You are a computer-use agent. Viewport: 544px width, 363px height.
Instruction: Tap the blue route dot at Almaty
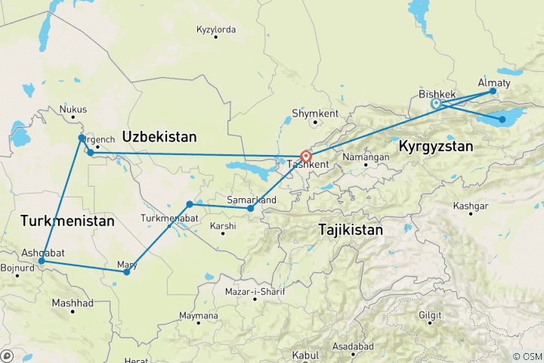(493, 92)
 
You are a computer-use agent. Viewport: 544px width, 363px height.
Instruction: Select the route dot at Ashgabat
(42, 261)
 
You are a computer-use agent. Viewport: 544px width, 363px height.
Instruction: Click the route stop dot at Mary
(126, 271)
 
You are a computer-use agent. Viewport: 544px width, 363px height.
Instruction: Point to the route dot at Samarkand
(250, 208)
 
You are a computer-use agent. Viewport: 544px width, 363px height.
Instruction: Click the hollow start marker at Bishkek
(436, 104)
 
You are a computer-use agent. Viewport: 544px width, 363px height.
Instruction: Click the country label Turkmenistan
(68, 222)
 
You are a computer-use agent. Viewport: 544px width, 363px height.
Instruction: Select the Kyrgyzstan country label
(436, 145)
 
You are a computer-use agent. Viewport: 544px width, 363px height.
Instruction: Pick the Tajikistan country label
(351, 228)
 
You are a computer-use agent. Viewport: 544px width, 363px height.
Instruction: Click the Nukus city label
(73, 109)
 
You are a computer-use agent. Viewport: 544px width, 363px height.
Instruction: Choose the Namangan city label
(366, 157)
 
